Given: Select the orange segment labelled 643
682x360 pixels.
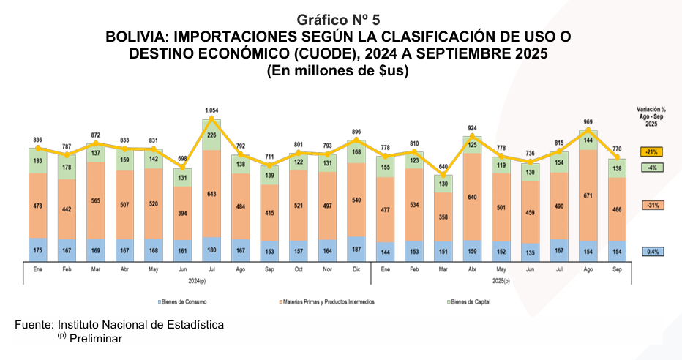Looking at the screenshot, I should (211, 193).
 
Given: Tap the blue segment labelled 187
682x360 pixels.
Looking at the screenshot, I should (356, 247).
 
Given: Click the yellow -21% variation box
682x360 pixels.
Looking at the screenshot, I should (651, 152).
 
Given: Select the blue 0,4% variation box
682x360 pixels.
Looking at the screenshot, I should (651, 252).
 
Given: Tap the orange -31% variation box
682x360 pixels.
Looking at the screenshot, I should (651, 206).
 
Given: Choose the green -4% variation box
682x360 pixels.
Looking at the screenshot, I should (651, 167).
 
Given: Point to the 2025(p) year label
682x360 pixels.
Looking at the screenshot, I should (501, 280).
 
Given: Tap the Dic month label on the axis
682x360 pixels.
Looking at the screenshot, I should (356, 269).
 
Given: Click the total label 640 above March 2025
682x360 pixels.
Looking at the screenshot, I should (443, 166).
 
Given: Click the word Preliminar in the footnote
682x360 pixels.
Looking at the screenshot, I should (96, 338).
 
